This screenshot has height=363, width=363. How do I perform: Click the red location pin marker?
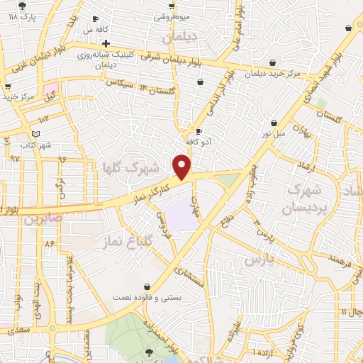[183, 167]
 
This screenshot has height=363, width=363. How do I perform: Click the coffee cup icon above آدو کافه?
[199, 131]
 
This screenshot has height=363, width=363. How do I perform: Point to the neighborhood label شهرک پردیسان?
[306, 199]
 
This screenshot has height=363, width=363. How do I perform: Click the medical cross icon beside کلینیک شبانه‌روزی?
[106, 43]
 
